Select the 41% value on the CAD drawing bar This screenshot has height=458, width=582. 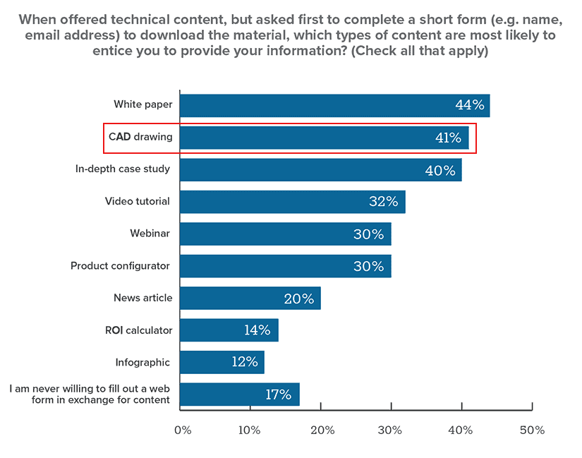pos(448,138)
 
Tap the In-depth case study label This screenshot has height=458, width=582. pos(123,169)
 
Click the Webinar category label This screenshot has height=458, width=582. pos(150,234)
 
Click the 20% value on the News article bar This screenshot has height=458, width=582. pos(298,299)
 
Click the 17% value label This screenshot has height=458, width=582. pos(278,394)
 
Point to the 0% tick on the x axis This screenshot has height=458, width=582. pos(182,430)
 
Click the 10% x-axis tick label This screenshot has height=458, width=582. pos(252,430)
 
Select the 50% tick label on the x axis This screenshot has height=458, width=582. pos(532,430)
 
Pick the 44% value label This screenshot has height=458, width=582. pos(469,105)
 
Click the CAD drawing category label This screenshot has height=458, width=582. pos(140,137)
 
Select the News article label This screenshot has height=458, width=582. pos(143,298)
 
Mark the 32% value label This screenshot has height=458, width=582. pos(383,202)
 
